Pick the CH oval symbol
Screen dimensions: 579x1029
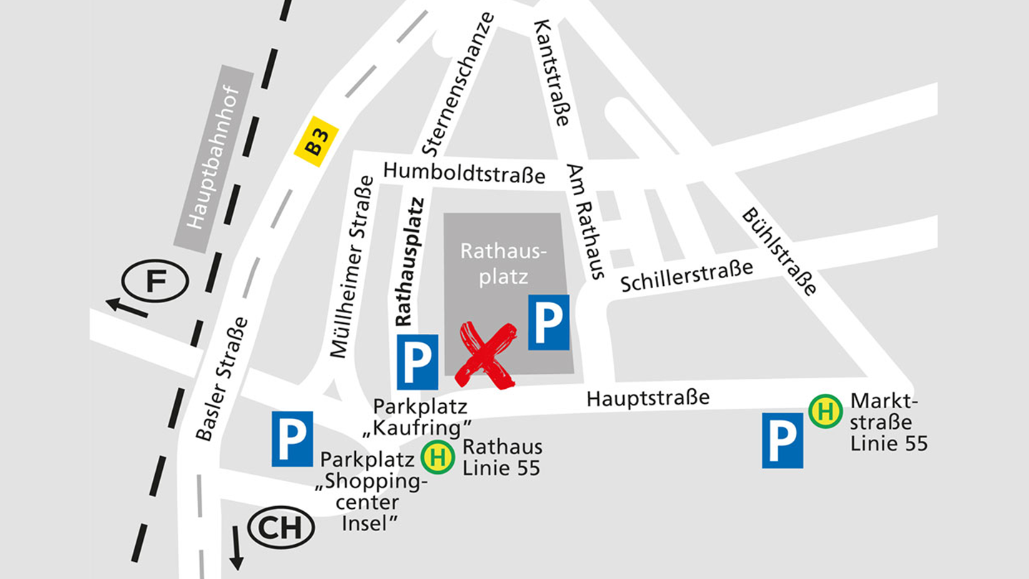coord(281,528)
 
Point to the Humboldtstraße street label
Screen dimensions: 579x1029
coord(464,173)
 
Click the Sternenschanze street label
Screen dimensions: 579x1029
coord(458,84)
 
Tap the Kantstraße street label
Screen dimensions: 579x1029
coord(552,73)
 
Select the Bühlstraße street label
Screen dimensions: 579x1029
coord(780,252)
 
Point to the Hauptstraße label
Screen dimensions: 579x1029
coord(648,397)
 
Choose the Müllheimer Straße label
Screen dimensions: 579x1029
coord(351,266)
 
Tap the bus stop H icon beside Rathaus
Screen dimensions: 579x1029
coord(437,457)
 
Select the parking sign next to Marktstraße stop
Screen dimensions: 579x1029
coord(782,440)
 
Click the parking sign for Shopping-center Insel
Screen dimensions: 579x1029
coord(292,439)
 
